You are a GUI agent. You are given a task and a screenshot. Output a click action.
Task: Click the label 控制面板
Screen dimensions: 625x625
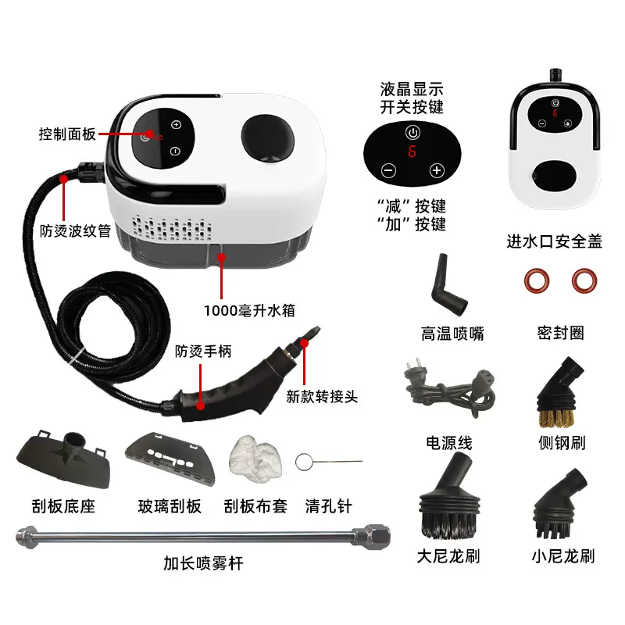tap(67, 134)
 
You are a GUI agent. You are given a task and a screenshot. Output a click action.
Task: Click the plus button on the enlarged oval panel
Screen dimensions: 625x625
tap(436, 170)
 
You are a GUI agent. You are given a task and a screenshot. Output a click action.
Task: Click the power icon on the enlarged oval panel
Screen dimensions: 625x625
tap(412, 131)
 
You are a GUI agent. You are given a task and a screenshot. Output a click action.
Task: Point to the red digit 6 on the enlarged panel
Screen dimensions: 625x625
tap(412, 152)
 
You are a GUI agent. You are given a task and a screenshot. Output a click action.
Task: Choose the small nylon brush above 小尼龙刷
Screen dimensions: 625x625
tap(560, 503)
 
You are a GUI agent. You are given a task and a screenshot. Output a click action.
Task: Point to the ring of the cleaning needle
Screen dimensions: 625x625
tap(304, 462)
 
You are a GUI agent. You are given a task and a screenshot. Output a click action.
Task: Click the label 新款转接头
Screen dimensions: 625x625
tap(321, 396)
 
